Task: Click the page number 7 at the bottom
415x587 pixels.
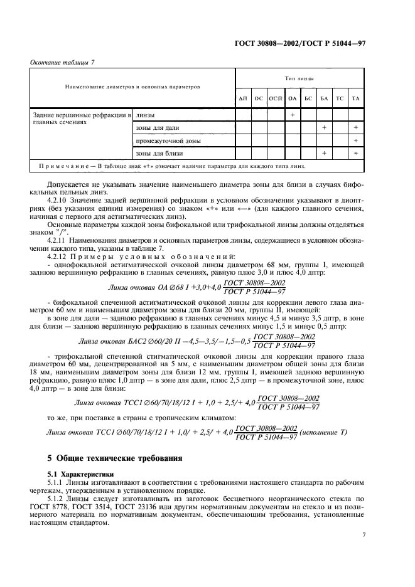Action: (x=364, y=535)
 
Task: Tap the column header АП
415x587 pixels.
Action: (x=242, y=99)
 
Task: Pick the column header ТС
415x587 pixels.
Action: (x=340, y=99)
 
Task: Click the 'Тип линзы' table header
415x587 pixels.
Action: (x=299, y=79)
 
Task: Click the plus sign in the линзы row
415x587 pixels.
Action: (x=292, y=115)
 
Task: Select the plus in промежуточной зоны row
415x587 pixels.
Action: (x=355, y=141)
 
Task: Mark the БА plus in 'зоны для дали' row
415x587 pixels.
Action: (x=324, y=128)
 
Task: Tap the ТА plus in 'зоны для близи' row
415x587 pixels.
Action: (x=355, y=154)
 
